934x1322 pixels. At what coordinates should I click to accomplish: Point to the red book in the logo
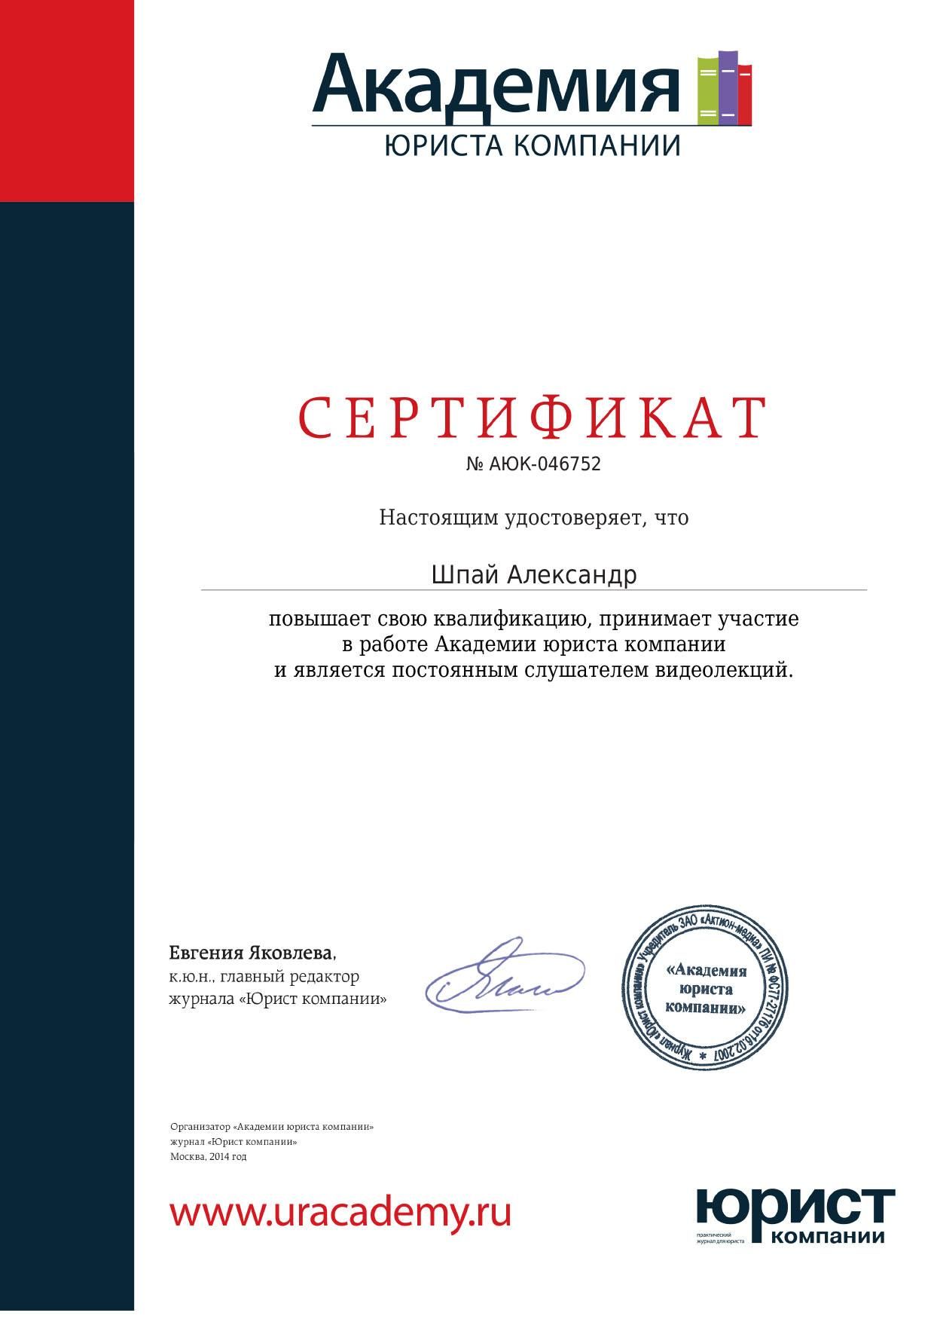point(744,92)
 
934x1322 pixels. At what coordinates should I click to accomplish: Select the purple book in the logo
point(728,86)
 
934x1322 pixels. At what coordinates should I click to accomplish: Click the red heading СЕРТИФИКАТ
point(533,418)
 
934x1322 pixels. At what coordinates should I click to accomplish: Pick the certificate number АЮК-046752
point(545,464)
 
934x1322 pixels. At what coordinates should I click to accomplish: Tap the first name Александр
point(572,575)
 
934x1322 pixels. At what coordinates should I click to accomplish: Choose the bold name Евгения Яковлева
point(252,953)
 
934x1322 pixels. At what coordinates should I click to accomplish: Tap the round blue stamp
point(704,988)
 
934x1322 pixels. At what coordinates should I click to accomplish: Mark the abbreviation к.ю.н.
point(191,977)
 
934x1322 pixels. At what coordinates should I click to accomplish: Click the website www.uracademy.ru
point(340,1213)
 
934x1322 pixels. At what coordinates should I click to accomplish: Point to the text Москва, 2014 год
point(208,1156)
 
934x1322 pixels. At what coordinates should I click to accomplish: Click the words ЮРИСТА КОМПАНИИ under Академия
point(532,145)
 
